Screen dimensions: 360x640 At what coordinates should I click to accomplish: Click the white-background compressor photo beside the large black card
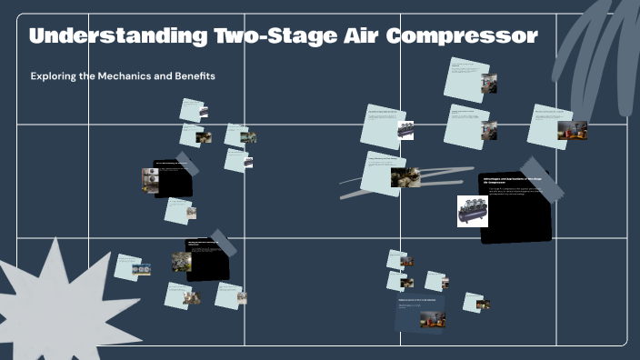[473, 211]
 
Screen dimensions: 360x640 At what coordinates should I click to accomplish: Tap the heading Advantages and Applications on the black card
[515, 181]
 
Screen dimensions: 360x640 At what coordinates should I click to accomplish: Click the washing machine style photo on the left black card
[150, 179]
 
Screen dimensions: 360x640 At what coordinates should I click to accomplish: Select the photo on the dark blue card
[433, 318]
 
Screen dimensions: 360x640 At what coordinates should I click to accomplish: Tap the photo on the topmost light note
[489, 84]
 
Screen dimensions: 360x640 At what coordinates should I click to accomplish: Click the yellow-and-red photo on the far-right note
[572, 130]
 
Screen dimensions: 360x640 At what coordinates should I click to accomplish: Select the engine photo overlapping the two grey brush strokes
[405, 176]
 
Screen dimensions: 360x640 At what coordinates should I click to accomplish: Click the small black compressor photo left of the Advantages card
[406, 130]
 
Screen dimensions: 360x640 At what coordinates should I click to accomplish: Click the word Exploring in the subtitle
[53, 76]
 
